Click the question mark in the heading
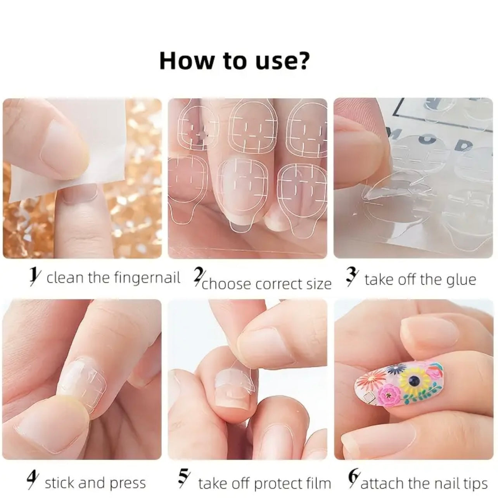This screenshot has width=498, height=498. (303, 61)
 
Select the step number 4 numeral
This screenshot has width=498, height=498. (32, 481)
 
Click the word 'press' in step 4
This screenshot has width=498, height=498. (128, 483)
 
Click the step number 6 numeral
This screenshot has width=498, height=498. (353, 481)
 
